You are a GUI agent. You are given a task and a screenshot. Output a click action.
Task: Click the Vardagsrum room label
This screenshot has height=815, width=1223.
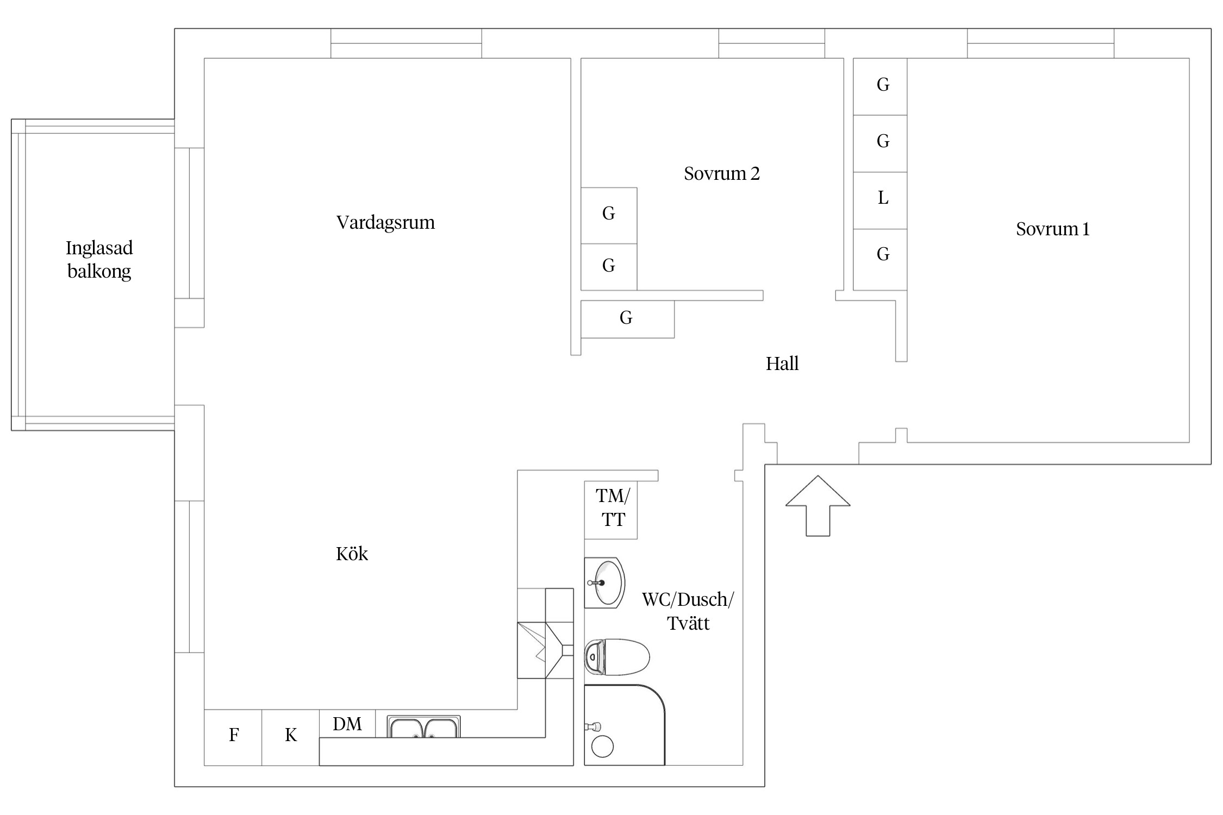(x=385, y=223)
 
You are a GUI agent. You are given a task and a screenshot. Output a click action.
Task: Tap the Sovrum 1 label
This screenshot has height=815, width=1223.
(x=1053, y=229)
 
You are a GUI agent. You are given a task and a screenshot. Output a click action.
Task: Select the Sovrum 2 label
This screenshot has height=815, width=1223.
(x=721, y=173)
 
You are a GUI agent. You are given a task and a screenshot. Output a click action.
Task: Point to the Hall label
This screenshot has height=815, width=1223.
(x=782, y=363)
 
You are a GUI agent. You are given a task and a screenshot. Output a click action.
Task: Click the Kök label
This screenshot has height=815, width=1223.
(x=352, y=554)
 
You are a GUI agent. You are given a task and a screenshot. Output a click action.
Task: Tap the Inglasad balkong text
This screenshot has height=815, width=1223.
(x=99, y=260)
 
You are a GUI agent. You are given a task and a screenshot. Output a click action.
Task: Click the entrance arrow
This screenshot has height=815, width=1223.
(x=818, y=506)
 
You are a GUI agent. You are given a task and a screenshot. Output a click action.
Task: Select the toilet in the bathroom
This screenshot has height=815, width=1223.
(x=617, y=657)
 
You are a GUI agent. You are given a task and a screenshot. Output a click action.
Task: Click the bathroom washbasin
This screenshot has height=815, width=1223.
(x=604, y=582)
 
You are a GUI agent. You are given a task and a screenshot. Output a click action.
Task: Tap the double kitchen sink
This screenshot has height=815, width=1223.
(x=424, y=727)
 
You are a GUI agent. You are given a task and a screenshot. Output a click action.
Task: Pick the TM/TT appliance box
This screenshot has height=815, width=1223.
(x=611, y=510)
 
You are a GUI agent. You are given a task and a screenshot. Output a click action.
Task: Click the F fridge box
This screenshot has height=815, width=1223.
(x=233, y=737)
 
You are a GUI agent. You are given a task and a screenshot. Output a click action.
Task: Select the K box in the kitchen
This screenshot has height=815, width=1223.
(x=291, y=737)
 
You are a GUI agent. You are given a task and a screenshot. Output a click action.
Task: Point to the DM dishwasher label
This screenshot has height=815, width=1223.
(x=347, y=724)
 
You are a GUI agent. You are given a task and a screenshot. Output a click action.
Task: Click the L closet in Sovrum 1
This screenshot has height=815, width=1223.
(x=880, y=200)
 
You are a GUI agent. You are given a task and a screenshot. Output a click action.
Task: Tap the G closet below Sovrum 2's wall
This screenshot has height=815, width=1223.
(x=628, y=319)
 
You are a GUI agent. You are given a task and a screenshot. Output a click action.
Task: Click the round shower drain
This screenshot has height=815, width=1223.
(x=602, y=747)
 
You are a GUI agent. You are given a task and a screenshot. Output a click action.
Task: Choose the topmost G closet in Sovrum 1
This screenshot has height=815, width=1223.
(x=880, y=86)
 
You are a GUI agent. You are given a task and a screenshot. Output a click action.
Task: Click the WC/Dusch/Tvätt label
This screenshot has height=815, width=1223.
(x=688, y=611)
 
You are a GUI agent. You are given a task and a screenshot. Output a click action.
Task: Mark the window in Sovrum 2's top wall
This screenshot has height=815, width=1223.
(x=772, y=43)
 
